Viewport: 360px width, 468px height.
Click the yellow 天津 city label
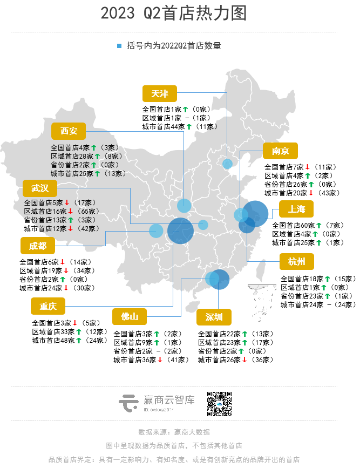point(160,93)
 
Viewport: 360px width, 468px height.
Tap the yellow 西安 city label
point(69,131)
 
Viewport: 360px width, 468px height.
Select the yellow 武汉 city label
point(40,188)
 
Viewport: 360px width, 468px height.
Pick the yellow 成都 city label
point(38,247)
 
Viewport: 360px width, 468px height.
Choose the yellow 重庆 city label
point(48,306)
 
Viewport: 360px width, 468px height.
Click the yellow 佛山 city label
point(130,316)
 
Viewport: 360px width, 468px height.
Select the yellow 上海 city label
point(297,209)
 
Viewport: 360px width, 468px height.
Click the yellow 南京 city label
point(281,151)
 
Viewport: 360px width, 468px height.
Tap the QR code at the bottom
point(219,404)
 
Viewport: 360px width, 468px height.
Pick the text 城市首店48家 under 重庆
point(53,340)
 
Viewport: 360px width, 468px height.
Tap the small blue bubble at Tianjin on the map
point(228,164)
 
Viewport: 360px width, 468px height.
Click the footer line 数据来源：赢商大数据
point(174,432)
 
